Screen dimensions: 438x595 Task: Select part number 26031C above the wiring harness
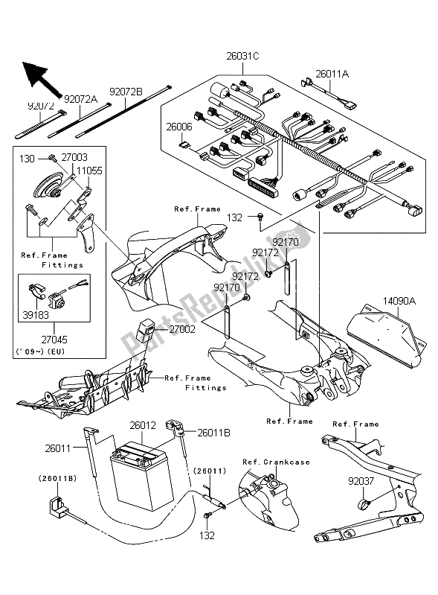pyautogui.click(x=243, y=56)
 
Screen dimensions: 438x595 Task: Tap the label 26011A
pyautogui.click(x=332, y=74)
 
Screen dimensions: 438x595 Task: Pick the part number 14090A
pyautogui.click(x=399, y=302)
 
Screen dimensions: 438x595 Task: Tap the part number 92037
pyautogui.click(x=361, y=481)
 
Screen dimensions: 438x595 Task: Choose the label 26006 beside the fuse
pyautogui.click(x=179, y=127)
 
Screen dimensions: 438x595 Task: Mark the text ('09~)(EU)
pyautogui.click(x=40, y=351)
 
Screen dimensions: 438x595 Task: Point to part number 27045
pyautogui.click(x=54, y=340)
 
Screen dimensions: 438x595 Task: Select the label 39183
pyautogui.click(x=36, y=315)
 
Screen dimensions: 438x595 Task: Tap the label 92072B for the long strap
pyautogui.click(x=126, y=92)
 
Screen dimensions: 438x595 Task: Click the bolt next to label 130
pyautogui.click(x=52, y=157)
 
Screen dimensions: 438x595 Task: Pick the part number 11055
pyautogui.click(x=89, y=171)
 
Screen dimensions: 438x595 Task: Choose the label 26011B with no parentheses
pyautogui.click(x=213, y=433)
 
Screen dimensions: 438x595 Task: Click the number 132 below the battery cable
pyautogui.click(x=207, y=535)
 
